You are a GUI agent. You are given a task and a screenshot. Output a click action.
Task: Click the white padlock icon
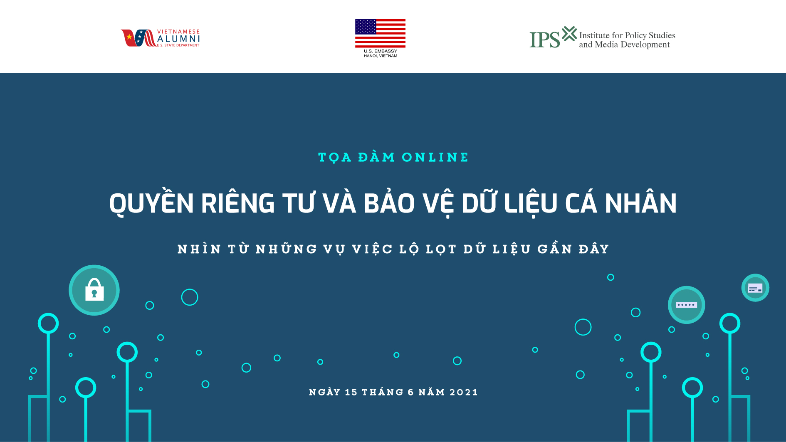coord(94,289)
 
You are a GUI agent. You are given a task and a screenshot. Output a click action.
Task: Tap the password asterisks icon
coord(686,305)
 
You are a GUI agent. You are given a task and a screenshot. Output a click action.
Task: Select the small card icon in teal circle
coord(755,288)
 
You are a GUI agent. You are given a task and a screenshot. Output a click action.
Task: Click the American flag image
coord(380,33)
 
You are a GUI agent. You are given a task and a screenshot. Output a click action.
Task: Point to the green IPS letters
coord(545,40)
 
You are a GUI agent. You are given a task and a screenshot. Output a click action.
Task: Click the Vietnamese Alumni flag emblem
coord(138,38)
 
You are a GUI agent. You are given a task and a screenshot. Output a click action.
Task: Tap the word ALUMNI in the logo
coord(178,39)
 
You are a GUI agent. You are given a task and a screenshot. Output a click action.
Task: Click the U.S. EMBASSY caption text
coord(381,51)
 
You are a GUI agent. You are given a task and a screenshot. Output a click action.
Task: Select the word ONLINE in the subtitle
coord(435,158)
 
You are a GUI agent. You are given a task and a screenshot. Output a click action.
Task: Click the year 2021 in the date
coord(463,393)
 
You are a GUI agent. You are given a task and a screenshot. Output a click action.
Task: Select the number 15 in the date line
coord(351,393)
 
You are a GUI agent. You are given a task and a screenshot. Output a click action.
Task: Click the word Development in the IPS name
coord(645,45)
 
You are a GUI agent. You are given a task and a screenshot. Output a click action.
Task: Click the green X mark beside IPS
coord(569,34)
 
